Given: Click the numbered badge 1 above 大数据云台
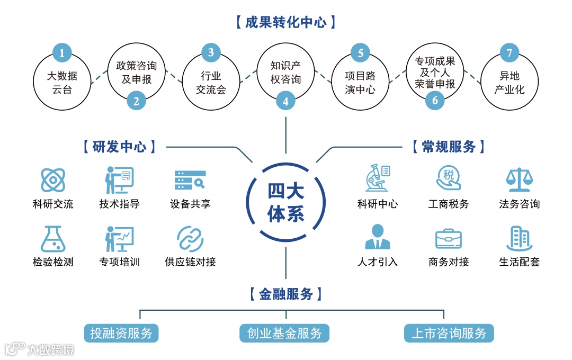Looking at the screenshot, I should [62, 52].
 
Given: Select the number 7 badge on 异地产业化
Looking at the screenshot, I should [509, 52].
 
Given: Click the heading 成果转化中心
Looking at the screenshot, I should [285, 22].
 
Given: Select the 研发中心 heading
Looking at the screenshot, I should [120, 147].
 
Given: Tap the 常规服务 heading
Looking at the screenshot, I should [449, 147].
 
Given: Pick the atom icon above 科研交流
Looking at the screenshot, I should [53, 180].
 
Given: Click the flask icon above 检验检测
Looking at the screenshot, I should [53, 239].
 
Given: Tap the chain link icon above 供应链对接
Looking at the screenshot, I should [190, 239].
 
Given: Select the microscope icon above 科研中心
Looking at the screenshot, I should [378, 178].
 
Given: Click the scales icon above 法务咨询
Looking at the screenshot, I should [519, 180].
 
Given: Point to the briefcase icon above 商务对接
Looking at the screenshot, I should [449, 239].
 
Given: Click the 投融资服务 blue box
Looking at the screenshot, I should [121, 333].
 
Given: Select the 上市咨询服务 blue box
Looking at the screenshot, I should [449, 333].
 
